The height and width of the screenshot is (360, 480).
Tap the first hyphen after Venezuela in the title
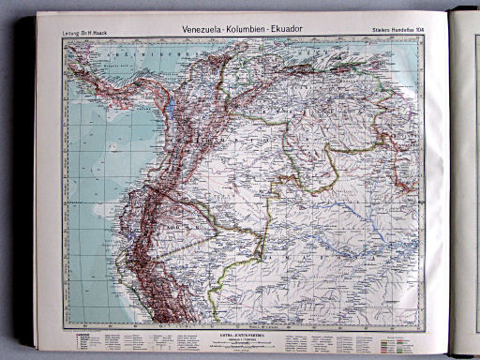pyautogui.click(x=231, y=29)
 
